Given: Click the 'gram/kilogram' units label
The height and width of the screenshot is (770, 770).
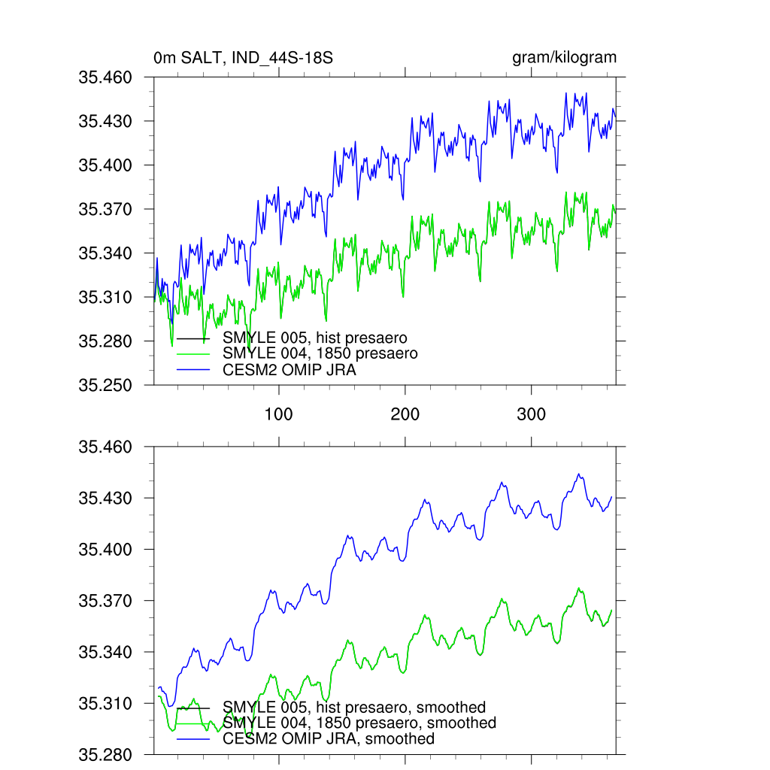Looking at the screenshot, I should (x=564, y=58).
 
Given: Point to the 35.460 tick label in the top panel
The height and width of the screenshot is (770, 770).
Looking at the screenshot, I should (x=105, y=77).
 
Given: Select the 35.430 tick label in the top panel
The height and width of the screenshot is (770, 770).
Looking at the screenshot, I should (x=105, y=121).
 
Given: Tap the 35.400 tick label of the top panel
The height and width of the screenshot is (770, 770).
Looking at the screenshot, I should (x=105, y=165).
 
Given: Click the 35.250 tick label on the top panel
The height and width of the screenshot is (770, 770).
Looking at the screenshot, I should (x=105, y=385).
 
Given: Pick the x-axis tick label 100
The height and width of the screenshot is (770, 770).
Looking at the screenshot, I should (x=279, y=414).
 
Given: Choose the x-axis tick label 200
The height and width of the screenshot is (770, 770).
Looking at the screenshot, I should (x=405, y=414).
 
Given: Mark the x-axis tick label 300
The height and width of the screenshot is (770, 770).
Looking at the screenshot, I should (x=532, y=414).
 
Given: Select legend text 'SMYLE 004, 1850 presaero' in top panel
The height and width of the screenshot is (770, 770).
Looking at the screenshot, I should (x=320, y=353).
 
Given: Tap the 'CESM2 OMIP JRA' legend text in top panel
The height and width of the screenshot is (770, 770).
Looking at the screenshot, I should (x=290, y=369).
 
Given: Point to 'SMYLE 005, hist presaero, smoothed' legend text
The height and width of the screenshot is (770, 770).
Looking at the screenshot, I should (x=354, y=708).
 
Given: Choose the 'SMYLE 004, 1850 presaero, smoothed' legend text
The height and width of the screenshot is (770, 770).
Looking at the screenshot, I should (x=359, y=723).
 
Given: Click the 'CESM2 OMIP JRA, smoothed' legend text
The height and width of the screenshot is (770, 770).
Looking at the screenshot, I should (x=329, y=739).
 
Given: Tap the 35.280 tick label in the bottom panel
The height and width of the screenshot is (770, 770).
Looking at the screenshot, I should (x=105, y=754).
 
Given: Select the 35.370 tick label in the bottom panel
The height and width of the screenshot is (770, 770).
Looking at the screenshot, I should (x=105, y=601).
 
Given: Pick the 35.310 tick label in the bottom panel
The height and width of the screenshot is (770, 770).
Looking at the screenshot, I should (x=105, y=704).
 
